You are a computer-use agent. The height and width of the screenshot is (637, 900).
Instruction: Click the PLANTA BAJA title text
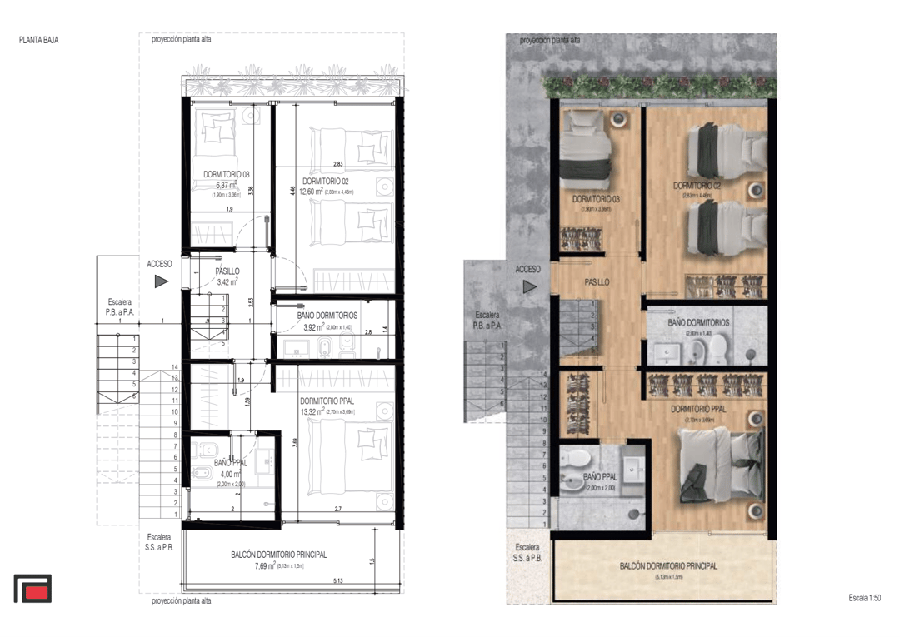click(39, 40)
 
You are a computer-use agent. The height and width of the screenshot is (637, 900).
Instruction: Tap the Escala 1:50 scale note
click(864, 598)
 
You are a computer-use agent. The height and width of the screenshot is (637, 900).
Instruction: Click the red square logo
click(32, 589)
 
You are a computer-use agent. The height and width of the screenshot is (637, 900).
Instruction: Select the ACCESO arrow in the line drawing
click(162, 281)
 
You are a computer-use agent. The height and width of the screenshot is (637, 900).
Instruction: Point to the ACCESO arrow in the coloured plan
click(528, 287)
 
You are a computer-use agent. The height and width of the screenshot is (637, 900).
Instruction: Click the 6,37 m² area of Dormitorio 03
click(226, 185)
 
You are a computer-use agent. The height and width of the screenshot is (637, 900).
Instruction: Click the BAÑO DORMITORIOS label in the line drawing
click(327, 316)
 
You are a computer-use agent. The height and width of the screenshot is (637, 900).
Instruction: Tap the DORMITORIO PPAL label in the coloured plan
click(698, 409)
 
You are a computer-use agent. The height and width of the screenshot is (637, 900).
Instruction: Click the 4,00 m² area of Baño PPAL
click(224, 474)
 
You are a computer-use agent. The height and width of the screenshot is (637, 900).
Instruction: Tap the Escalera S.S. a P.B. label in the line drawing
click(158, 542)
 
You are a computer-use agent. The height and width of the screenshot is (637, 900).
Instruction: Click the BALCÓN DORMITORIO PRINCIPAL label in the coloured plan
click(668, 566)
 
